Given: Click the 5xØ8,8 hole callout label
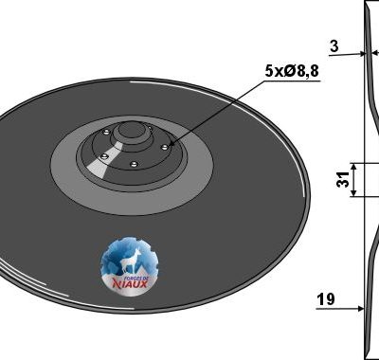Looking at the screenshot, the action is (292, 71).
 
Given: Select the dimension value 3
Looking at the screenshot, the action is (334, 46).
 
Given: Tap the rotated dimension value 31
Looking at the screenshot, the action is (343, 179).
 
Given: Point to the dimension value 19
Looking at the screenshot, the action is (326, 298).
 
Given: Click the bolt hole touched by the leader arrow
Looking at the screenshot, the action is (164, 147).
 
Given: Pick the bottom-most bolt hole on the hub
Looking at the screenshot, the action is (135, 164).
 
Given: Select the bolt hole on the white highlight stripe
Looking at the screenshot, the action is (103, 156).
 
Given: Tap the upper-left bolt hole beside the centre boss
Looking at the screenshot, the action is (106, 132).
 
